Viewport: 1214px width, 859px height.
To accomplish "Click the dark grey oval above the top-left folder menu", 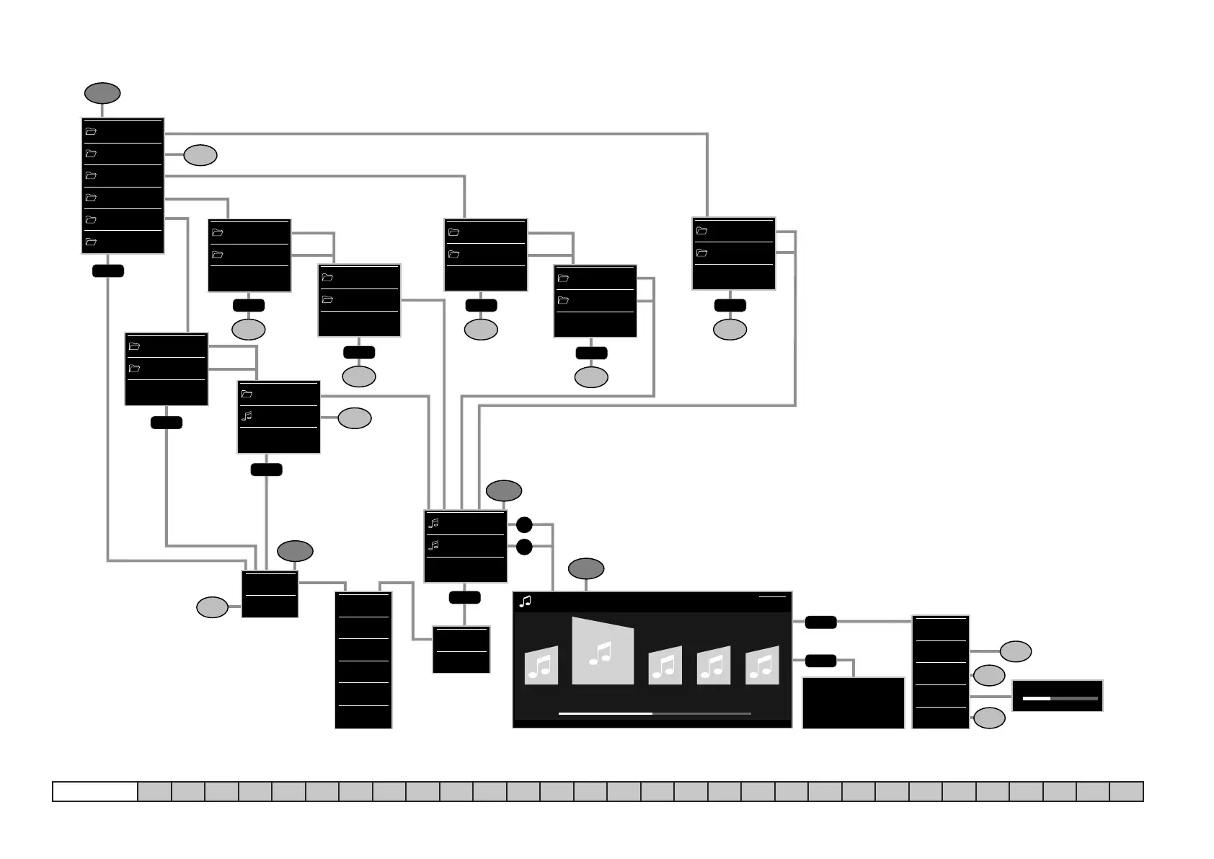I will (x=102, y=93).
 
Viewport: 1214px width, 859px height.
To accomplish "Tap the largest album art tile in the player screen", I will (x=603, y=651).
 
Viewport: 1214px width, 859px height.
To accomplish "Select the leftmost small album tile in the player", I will (x=541, y=665).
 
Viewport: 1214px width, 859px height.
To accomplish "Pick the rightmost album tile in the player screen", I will (x=762, y=665).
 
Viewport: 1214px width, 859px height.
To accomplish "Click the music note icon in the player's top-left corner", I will (x=526, y=601).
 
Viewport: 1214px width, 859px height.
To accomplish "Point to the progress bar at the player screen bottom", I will (x=655, y=713).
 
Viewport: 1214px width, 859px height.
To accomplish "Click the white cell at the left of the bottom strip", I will (x=95, y=791).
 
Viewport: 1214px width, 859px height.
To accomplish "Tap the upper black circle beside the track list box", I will (x=524, y=524).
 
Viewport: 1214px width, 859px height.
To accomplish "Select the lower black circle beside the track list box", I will (x=524, y=547).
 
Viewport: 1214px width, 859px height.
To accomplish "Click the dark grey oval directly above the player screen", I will (x=586, y=568).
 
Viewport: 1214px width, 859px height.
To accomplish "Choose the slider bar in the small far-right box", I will (x=1060, y=698).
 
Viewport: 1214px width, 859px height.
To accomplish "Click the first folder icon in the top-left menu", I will (x=91, y=132).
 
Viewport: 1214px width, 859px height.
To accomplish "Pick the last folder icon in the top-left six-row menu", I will (x=91, y=242).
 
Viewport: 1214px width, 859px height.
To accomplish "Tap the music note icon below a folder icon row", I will (x=247, y=416).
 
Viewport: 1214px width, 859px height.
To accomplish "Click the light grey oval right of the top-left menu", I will (x=200, y=155).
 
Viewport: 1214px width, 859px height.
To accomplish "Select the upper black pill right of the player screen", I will (x=820, y=622).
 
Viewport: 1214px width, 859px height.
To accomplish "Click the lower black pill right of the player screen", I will (x=820, y=660).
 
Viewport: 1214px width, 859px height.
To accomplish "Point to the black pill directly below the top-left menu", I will (x=108, y=270).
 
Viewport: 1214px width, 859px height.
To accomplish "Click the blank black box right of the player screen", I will (x=853, y=702).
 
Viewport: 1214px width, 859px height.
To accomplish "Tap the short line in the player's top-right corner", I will (x=772, y=597).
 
